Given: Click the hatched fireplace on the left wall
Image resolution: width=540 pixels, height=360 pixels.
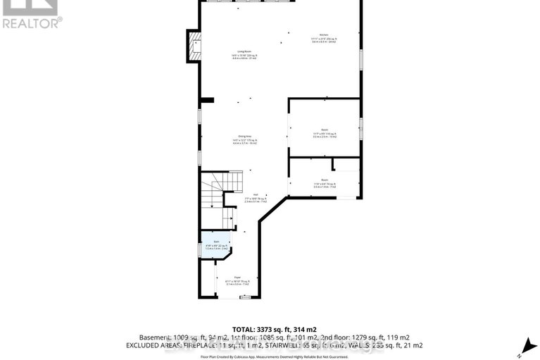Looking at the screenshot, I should point(193,46).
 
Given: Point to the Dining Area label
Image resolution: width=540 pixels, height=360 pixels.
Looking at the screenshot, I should point(244,139).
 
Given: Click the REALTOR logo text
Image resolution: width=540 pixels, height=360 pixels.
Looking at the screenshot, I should point(32,23).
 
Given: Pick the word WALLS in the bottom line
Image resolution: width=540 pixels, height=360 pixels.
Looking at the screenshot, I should point(358,346).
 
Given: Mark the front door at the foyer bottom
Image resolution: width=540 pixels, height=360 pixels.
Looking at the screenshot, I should point(244,297).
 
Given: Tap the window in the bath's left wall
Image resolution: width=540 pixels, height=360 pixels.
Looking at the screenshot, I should point(200,247).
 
